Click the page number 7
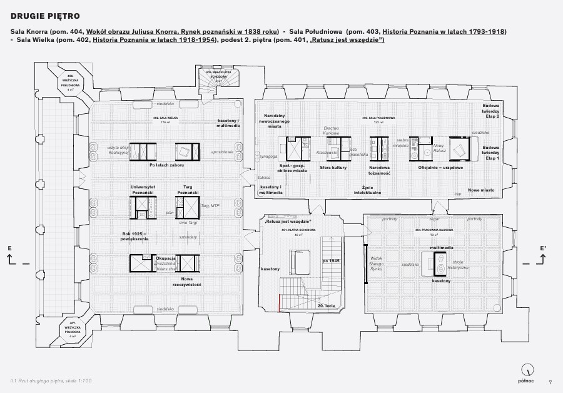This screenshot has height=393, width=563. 550,382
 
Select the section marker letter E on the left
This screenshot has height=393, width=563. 10,248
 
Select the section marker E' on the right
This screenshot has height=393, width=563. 543,248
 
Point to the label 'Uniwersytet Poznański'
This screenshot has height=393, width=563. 142,190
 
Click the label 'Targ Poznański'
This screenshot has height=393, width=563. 187,190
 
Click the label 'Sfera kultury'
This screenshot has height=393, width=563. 334,168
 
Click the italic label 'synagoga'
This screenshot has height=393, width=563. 269,156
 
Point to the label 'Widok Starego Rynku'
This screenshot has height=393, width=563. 377,263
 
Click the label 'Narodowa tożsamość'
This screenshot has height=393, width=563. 380,170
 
